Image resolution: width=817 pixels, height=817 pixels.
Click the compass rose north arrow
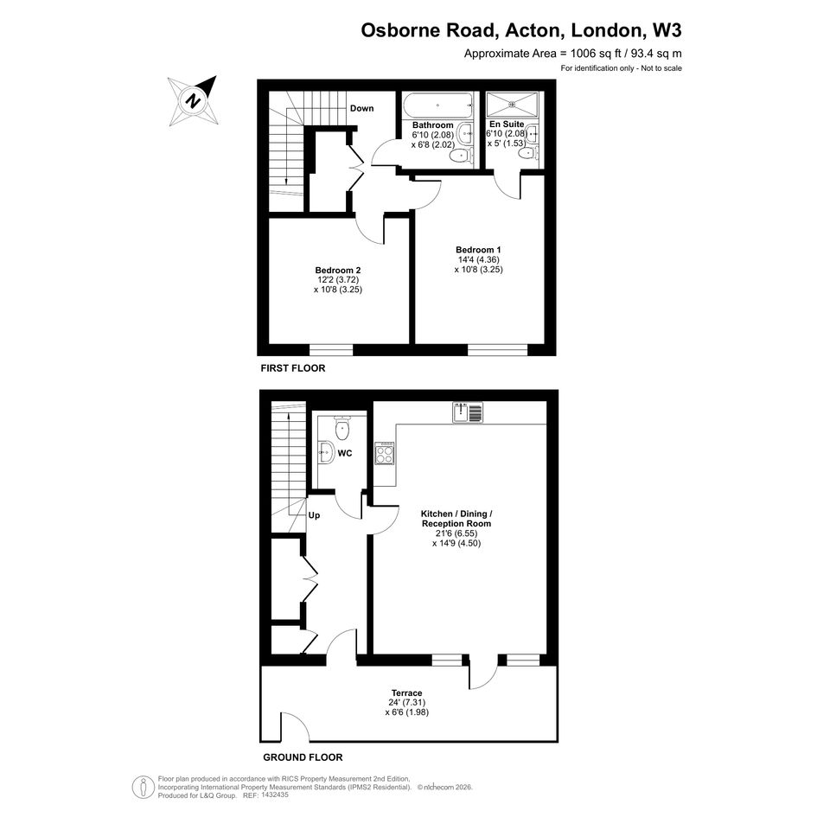click(x=193, y=100)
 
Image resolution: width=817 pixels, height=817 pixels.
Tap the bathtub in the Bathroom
click(x=438, y=105)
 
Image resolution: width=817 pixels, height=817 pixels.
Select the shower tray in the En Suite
click(x=512, y=105)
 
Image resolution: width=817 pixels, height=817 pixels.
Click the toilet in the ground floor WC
click(x=341, y=428)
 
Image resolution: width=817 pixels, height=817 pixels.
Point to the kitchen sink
click(x=468, y=412)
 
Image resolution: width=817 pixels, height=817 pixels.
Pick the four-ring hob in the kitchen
click(x=385, y=453)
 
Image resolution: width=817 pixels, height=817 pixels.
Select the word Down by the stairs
click(x=361, y=108)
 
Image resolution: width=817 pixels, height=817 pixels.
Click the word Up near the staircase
click(x=314, y=515)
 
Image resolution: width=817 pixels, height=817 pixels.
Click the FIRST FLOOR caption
click(x=293, y=368)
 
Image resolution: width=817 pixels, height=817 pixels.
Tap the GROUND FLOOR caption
click(x=303, y=757)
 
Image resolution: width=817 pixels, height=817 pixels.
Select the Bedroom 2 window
click(x=331, y=349)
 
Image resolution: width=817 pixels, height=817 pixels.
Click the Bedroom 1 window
click(x=498, y=349)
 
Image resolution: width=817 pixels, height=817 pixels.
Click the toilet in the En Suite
click(x=529, y=153)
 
